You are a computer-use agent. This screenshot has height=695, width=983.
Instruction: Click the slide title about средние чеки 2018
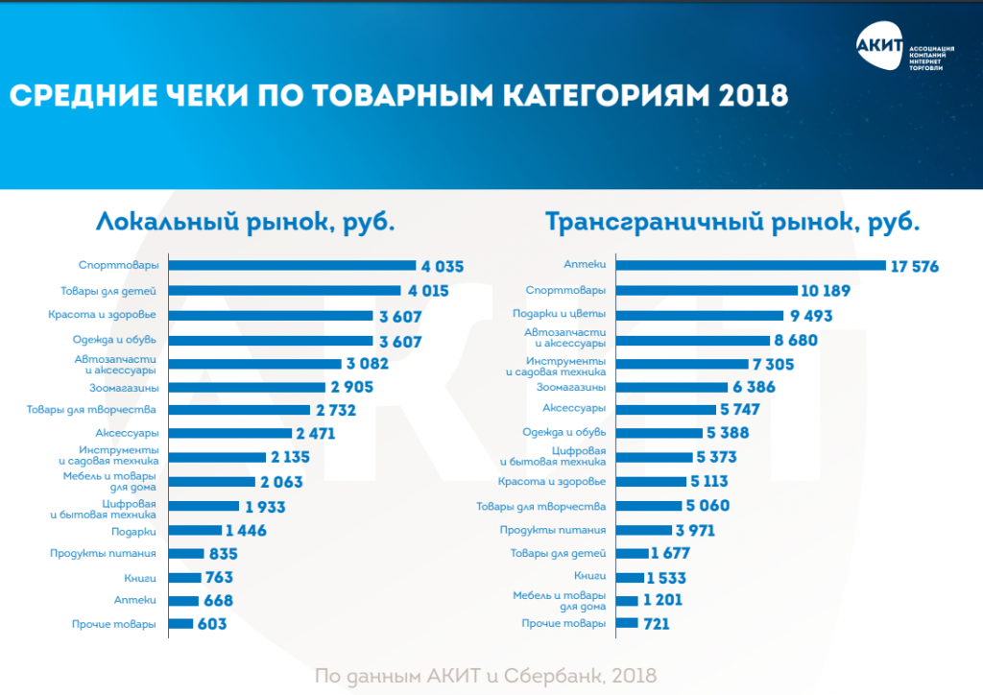[x=398, y=96]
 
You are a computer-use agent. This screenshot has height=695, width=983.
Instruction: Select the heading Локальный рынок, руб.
[x=246, y=223]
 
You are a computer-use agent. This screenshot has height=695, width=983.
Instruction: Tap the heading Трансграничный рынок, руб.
[x=732, y=223]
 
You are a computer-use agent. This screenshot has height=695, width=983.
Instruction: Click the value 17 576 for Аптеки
[x=915, y=266]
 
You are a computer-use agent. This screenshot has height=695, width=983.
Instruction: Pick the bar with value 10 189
[x=707, y=290]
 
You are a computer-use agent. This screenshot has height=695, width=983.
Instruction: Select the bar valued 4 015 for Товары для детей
[x=284, y=290]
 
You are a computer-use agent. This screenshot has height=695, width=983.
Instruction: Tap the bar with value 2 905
[x=246, y=387]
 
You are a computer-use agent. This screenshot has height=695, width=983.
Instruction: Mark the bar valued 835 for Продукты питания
[x=186, y=554]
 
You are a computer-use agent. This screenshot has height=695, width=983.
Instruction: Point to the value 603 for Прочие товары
[x=212, y=625]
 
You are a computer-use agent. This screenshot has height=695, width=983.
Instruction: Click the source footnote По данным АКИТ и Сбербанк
[x=486, y=676]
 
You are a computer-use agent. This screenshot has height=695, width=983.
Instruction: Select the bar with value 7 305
[x=682, y=363]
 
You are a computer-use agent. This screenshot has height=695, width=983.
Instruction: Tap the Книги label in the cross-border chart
[x=589, y=576]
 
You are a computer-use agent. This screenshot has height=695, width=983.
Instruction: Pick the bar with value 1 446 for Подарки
[x=194, y=530]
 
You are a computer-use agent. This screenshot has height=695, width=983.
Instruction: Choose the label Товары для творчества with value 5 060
[x=541, y=506]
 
